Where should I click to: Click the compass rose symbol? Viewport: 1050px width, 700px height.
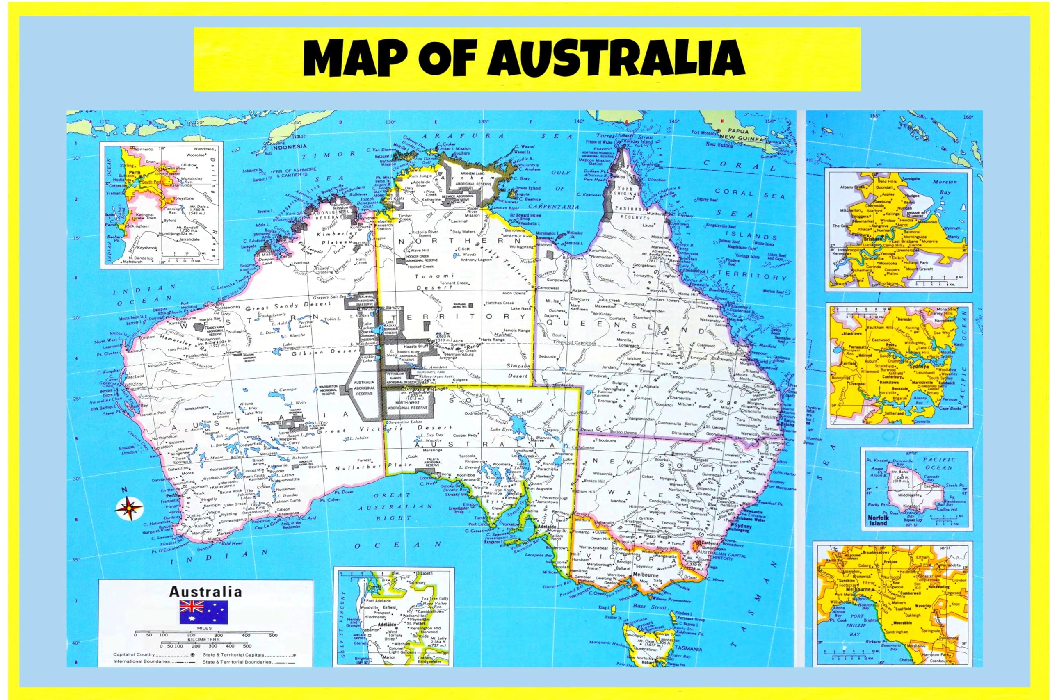point(130,508)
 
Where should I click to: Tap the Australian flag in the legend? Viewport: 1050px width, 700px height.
point(203,612)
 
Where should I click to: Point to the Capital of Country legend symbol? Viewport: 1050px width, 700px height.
point(192,654)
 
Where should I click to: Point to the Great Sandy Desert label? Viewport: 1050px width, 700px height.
point(288,306)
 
